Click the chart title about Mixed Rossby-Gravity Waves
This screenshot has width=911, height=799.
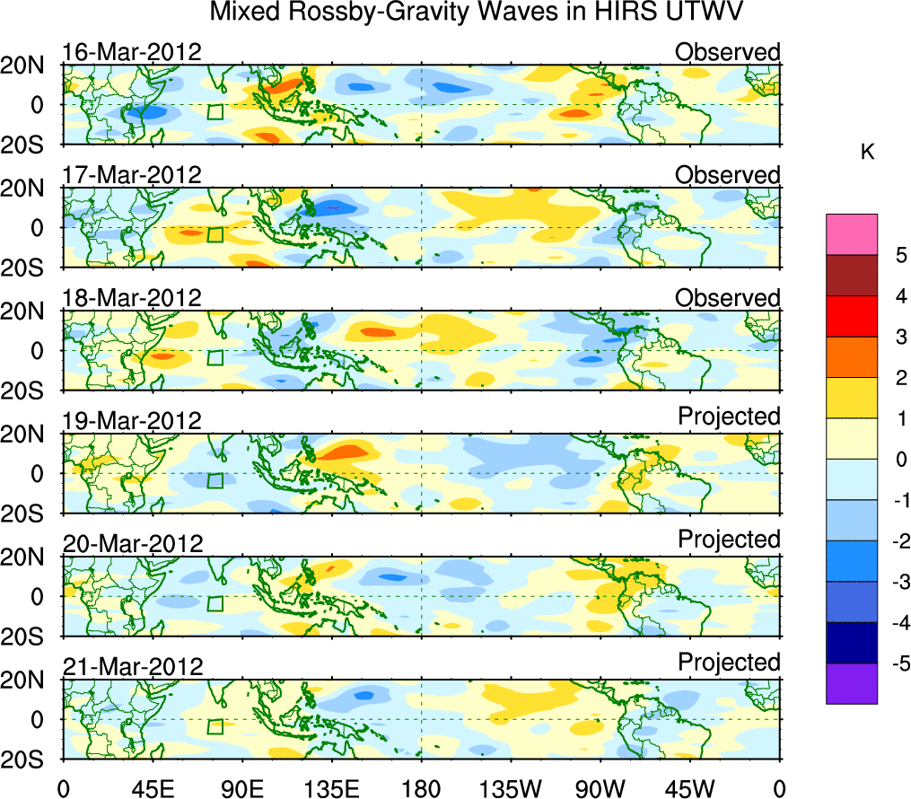pos(477,14)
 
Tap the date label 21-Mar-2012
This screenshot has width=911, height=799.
pos(132,666)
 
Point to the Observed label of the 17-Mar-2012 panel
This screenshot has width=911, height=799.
pos(727,175)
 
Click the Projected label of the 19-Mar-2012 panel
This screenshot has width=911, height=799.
pos(729,417)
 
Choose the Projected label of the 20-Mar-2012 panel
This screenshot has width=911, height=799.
pos(729,540)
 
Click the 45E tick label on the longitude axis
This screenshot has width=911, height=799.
pos(152,787)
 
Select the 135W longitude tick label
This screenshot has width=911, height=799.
pos(511,787)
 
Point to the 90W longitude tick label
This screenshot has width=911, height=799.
pos(600,787)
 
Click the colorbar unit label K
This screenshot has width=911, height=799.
pos(867,153)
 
